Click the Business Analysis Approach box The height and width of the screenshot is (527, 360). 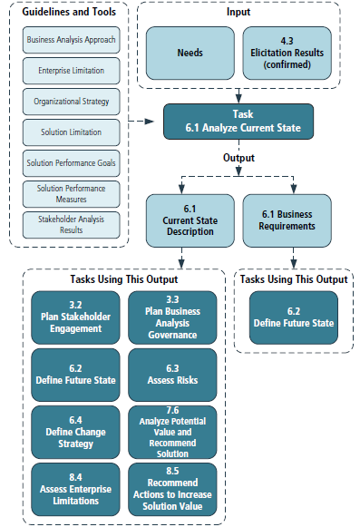71,42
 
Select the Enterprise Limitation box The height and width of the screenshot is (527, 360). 71,70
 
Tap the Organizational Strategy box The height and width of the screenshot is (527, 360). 71,102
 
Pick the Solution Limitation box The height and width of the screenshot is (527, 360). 71,132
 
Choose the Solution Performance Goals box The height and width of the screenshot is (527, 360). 71,163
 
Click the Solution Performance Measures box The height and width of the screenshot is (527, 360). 71,193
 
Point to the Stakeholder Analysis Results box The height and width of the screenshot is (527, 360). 71,224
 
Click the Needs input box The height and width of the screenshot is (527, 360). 190,53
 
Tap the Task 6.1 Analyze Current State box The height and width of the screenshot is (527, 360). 238,122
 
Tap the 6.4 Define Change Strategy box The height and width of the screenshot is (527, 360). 77,432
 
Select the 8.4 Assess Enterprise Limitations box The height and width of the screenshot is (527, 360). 77,490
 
